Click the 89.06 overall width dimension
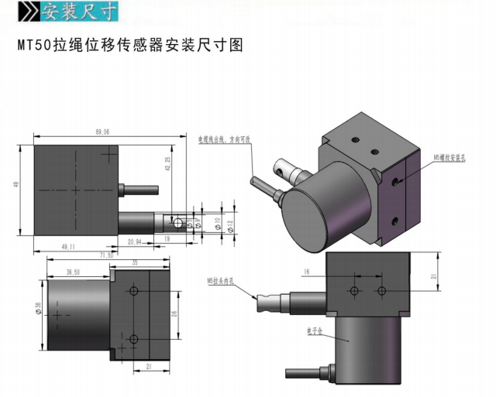(x=102, y=132)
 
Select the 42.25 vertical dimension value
(x=168, y=163)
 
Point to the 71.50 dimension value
(x=106, y=255)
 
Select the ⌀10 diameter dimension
(x=218, y=223)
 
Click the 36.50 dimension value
(x=74, y=272)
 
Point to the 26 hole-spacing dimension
(x=175, y=313)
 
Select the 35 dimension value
(x=136, y=264)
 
